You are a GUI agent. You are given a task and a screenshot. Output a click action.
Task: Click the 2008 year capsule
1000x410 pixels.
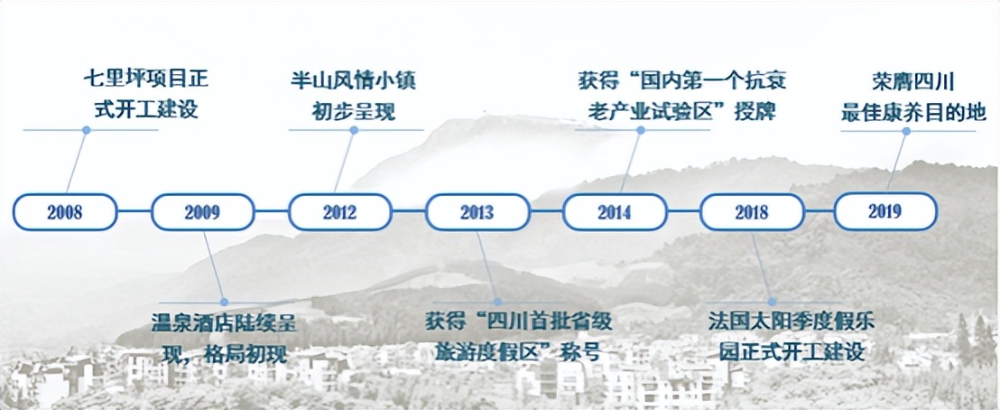coord(65,212)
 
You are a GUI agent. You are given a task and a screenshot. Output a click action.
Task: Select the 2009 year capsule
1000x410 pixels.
coord(202,212)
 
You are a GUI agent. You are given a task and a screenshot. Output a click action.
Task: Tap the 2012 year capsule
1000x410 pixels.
coord(339,212)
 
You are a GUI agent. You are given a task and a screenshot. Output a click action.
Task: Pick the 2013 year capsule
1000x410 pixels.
coord(477,212)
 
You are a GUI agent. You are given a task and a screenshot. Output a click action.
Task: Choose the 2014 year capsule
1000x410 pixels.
coord(614,212)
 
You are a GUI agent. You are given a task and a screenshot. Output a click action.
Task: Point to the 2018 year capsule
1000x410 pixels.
coord(751,212)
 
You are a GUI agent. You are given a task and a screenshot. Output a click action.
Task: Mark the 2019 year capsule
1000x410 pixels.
coord(885,211)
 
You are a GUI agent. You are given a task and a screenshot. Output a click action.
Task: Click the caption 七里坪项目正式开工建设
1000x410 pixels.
coord(145,95)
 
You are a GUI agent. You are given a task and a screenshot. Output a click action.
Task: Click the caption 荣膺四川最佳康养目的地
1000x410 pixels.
coord(912,95)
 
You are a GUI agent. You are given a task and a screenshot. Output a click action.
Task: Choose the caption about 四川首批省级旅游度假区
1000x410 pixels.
coord(512,336)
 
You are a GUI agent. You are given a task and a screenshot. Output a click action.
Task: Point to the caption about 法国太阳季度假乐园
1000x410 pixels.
coord(792,336)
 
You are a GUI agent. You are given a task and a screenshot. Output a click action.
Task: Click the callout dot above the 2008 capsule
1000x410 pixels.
coord(86,130)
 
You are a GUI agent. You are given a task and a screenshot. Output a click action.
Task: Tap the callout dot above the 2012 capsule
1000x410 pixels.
coord(354,130)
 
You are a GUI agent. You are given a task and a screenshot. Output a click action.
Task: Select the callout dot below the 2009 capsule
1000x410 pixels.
coord(224,302)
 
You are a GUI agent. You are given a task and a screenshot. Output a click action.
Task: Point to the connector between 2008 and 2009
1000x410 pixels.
coord(134,212)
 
